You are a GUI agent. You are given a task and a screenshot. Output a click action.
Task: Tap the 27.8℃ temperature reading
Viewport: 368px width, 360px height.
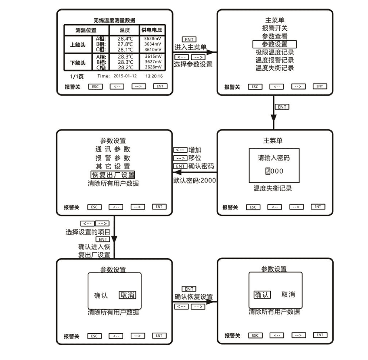coord(125,44)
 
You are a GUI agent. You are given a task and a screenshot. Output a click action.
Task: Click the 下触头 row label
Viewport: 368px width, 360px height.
coord(78,63)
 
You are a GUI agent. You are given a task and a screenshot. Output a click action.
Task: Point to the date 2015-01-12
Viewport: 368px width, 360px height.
coord(125,76)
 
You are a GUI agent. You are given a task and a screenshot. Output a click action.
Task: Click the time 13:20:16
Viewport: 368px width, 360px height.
coord(154,76)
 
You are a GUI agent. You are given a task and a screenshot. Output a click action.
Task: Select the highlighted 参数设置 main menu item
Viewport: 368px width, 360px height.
coord(274,44)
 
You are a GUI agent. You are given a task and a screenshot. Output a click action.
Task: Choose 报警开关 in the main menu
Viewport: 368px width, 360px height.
coord(274,28)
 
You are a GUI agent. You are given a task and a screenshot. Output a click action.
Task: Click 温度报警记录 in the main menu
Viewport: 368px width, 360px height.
coord(274,60)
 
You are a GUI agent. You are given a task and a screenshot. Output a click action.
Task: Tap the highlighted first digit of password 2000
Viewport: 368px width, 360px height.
coord(267,171)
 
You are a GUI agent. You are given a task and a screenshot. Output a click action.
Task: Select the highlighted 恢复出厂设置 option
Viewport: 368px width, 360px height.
coord(113,175)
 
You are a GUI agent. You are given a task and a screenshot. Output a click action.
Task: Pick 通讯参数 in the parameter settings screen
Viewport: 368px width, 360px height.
coord(113,149)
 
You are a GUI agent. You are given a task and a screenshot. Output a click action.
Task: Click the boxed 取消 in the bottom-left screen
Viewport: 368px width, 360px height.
coord(128,295)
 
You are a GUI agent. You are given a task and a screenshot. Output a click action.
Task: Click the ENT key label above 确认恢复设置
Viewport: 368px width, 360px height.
coord(189,289)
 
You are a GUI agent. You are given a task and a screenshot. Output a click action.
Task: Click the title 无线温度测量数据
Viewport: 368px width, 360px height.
coord(114,20)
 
